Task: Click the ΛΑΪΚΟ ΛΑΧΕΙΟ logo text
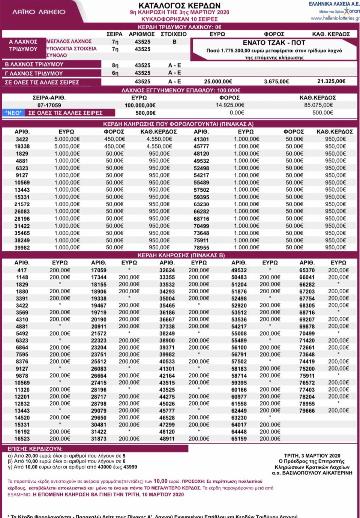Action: coord(39,12)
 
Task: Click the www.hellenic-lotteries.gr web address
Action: coord(335,18)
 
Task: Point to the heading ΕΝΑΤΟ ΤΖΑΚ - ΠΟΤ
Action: coord(274,43)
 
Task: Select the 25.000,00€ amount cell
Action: coord(218,81)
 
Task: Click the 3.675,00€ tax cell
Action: coord(276,81)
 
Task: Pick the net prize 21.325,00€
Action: coord(331,81)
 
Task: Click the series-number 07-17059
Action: coord(49,105)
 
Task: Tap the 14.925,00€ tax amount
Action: coord(230,105)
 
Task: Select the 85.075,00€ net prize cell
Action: coord(318,105)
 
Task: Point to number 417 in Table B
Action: coord(22,270)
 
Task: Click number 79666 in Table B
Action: coord(307,411)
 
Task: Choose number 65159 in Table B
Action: coord(239,438)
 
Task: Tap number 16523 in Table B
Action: coord(22,438)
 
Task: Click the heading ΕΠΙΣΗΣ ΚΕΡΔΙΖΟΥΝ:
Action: coord(35,449)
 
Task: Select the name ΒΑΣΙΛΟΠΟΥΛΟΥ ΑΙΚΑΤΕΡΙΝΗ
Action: coord(313,473)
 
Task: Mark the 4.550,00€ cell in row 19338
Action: coord(159,146)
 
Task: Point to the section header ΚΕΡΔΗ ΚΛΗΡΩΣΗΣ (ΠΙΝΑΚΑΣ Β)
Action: coord(181,255)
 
